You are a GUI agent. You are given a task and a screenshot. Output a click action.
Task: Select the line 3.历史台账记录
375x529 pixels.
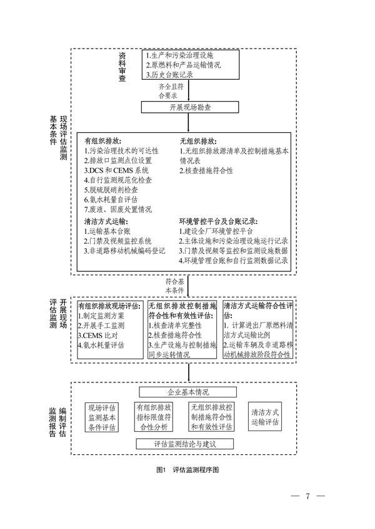click(169, 75)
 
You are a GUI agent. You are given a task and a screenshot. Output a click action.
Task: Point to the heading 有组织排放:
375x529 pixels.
click(103, 140)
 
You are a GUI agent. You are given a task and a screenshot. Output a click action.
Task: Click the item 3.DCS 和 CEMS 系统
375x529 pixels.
click(117, 170)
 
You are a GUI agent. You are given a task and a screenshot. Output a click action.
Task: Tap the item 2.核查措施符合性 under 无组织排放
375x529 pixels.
click(207, 170)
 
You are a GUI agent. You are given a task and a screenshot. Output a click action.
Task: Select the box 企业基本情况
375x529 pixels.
click(187, 392)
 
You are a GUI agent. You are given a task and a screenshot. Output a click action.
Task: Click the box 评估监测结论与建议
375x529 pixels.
click(184, 444)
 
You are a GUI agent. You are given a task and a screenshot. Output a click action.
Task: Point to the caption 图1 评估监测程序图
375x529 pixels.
click(187, 468)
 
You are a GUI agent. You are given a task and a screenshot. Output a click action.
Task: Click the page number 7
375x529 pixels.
click(307, 497)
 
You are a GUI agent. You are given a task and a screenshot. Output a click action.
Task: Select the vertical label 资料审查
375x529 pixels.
click(122, 67)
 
